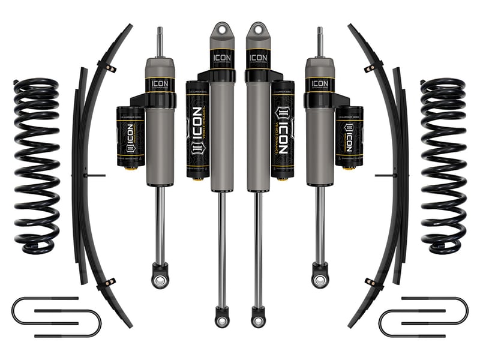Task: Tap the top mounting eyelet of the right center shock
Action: tap(257, 28)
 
